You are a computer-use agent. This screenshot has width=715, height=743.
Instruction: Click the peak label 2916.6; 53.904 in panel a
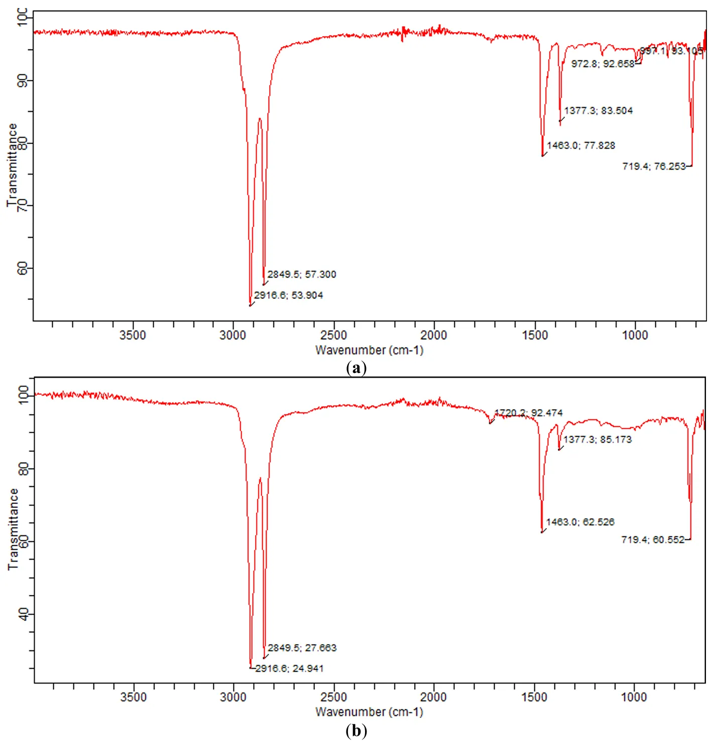click(288, 295)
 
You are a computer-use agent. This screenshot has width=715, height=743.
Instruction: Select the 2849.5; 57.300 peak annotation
click(301, 274)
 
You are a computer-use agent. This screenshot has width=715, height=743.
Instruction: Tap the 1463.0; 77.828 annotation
click(580, 146)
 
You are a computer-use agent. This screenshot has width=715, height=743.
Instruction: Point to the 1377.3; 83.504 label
click(598, 110)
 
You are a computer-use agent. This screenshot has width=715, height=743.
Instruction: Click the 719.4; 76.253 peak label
click(654, 166)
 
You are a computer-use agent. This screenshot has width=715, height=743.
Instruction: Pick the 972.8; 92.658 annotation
click(603, 64)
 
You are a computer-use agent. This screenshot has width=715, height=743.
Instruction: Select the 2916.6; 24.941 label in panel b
click(289, 668)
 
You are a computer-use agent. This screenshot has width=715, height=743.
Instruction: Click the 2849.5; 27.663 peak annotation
click(302, 648)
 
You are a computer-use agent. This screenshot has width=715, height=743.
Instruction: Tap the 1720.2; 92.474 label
click(528, 413)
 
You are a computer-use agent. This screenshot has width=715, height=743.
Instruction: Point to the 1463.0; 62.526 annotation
click(580, 522)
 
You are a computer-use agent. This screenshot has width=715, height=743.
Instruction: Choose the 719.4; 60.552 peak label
click(653, 540)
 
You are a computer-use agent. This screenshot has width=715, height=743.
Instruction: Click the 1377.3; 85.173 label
click(597, 439)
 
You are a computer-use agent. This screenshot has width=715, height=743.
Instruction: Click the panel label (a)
click(356, 368)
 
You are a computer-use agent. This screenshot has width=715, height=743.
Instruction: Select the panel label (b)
click(356, 730)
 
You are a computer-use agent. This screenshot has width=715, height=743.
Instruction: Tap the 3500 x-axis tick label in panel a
click(133, 335)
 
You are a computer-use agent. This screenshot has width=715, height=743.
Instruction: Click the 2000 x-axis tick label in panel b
click(433, 697)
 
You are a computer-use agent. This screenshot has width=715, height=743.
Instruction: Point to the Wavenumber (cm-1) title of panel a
click(369, 350)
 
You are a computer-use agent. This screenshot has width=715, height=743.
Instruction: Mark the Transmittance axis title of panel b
click(13, 529)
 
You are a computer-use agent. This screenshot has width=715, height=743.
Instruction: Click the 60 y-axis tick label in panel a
click(23, 268)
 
